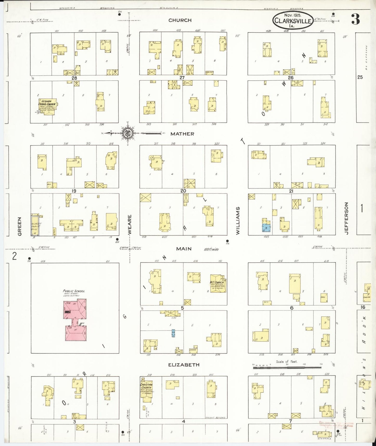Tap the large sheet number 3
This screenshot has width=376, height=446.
click(355, 19)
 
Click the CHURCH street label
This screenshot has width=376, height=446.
click(180, 20)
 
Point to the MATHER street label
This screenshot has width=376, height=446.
click(182, 134)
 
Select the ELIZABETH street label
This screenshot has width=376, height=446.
click(183, 365)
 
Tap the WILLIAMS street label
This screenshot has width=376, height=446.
click(238, 221)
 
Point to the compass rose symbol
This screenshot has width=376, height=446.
click(128, 133)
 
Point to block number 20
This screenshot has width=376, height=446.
click(183, 191)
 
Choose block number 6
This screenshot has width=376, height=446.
click(292, 308)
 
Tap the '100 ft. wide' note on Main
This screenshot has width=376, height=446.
click(211, 249)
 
